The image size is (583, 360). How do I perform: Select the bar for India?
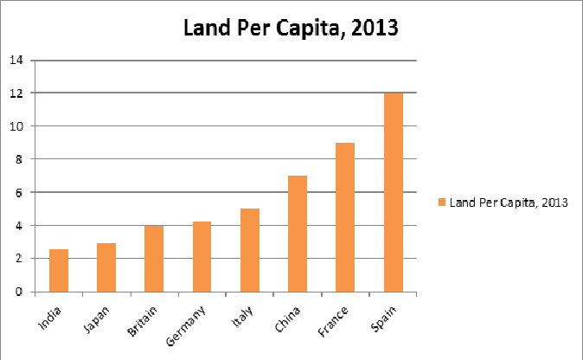[59, 270]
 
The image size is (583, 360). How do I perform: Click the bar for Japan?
[106, 267]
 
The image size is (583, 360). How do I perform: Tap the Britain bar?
[154, 258]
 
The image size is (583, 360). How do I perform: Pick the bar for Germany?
[202, 256]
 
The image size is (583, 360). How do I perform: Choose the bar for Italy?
[249, 250]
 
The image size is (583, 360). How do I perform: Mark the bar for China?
[297, 234]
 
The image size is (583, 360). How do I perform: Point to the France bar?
[344, 217]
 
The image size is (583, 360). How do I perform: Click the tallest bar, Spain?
[393, 192]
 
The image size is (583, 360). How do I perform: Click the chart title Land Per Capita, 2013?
[290, 29]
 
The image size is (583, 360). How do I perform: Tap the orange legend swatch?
[441, 202]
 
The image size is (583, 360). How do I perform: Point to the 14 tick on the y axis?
[16, 60]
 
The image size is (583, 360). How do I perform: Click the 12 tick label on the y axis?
[16, 93]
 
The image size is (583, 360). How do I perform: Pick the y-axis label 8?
[19, 159]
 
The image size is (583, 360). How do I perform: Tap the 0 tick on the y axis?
[19, 292]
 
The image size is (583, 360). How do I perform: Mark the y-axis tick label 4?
[19, 225]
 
